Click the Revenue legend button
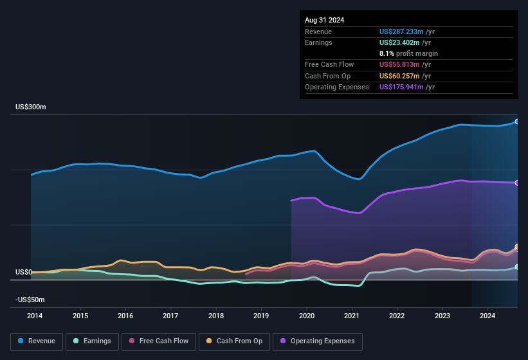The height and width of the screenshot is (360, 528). pos(36,341)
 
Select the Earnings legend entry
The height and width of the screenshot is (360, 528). pos(91,341)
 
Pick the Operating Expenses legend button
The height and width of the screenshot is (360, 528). pos(318,341)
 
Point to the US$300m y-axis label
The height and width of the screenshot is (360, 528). pos(30,107)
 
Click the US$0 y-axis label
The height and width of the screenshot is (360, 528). pos(24,273)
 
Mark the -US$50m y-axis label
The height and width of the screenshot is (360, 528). pos(30,300)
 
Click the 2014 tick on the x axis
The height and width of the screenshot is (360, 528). pos(35,316)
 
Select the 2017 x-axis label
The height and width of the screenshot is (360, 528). pos(170,316)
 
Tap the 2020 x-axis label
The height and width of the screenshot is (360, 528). pos(307,316)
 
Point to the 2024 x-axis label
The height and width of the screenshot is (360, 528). pos(487,316)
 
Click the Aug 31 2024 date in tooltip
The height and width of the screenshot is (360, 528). pos(324,20)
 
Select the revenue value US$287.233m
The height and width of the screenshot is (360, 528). pos(401,32)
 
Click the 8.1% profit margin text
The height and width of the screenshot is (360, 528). pos(408,53)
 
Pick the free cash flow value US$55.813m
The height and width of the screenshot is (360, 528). pos(399,65)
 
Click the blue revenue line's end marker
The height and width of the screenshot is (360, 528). pos(517,122)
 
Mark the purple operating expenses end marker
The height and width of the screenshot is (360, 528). pos(517,183)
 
